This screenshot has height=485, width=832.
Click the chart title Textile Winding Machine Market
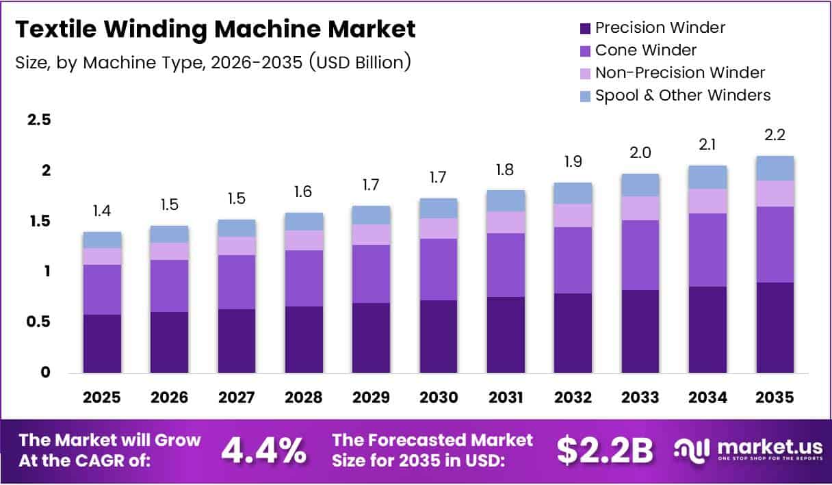pos(215,29)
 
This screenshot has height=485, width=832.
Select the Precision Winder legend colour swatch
pos(584,28)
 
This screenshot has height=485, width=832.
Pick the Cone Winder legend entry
pos(645,50)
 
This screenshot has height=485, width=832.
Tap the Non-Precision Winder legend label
pos(679,73)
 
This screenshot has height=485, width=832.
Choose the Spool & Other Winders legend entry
pos(682,95)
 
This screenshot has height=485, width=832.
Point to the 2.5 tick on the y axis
pos(39,120)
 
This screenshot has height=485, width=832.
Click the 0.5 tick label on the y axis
pos(39,322)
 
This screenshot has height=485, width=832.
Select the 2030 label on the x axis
pos(439,397)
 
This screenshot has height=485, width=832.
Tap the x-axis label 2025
pos(101,397)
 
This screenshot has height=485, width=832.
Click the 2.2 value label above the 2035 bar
pos(775,135)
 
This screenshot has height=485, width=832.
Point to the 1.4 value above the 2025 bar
pos(101,211)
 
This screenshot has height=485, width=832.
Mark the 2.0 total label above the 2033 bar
pos(640,153)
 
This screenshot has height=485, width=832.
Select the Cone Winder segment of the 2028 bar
pos(304,278)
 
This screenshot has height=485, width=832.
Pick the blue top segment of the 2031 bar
pos(506,200)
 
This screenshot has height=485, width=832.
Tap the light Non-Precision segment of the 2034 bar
pos(707,201)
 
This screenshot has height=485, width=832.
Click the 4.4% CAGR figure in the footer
pos(263,449)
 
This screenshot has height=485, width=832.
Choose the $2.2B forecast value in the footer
pos(604,449)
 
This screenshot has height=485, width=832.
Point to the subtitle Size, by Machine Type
pos(213,62)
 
